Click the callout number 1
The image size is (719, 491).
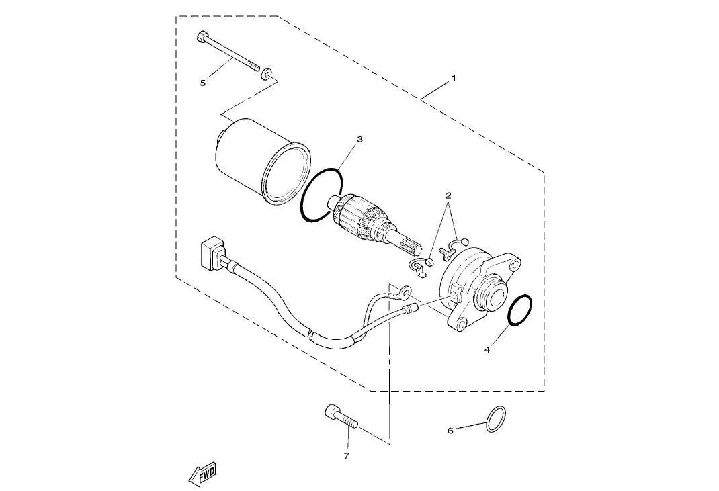click(454, 78)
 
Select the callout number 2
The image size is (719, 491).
click(448, 195)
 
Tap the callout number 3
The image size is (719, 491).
click(359, 139)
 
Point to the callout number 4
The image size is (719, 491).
click(487, 350)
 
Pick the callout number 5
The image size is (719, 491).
click(203, 83)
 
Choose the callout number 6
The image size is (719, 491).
click(450, 431)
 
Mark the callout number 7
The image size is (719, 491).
click(347, 455)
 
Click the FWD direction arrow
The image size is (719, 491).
click(202, 474)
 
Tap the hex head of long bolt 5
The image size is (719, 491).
click(202, 37)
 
